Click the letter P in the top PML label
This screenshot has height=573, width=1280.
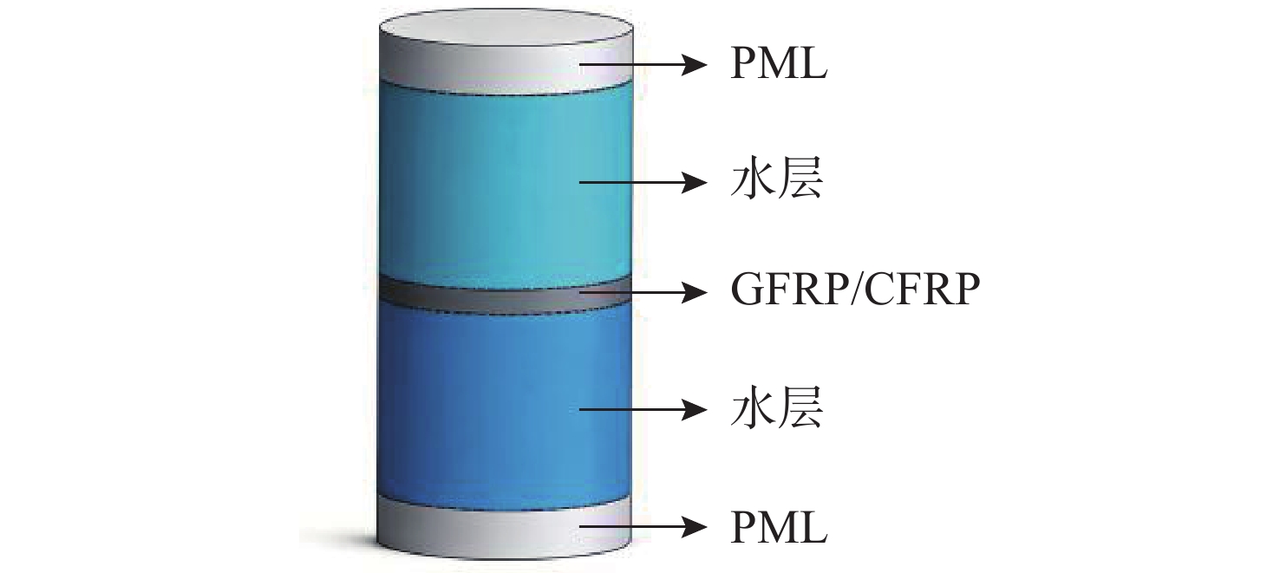point(743,65)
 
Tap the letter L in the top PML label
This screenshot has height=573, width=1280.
point(813,65)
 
